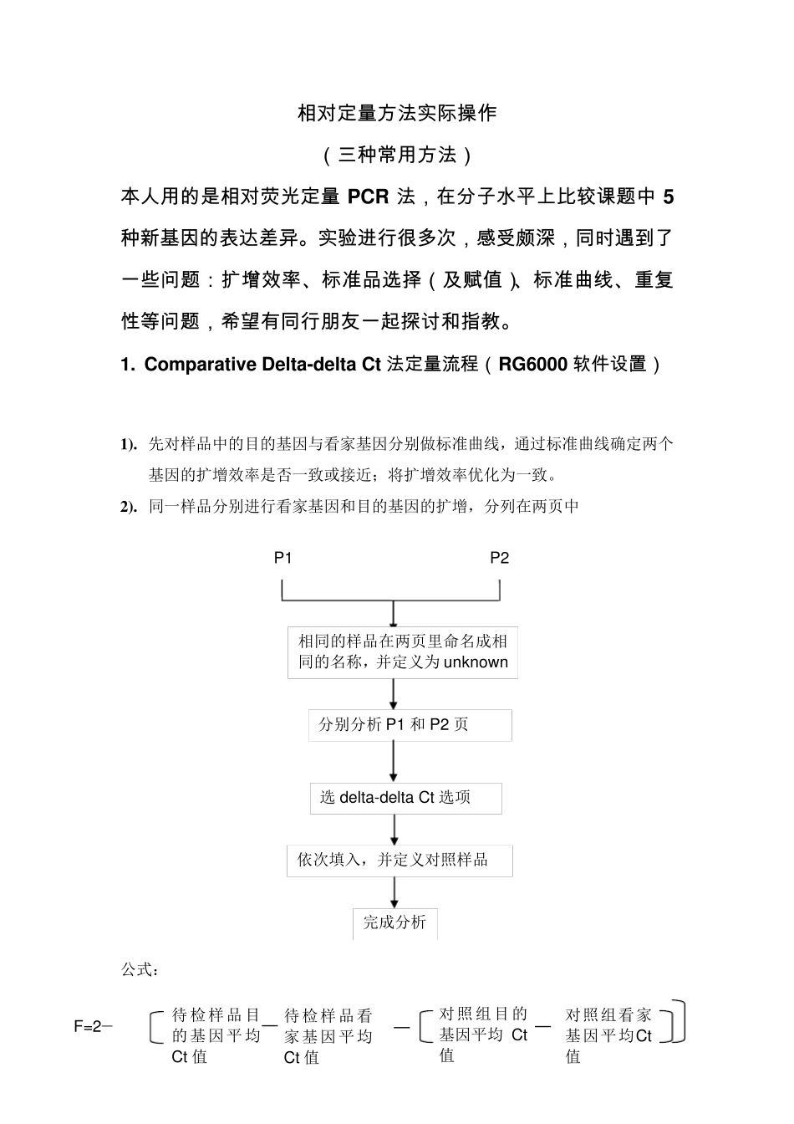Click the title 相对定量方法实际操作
pos(397,113)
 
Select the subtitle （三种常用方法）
pos(397,155)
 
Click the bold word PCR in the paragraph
pos(368,197)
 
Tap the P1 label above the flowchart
pos(283,558)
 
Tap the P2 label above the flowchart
pos(499,558)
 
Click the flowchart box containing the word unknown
pos(403,652)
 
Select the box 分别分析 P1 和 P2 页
pos(410,724)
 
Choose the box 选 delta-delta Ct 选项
pos(405,798)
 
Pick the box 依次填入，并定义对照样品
pos(400,860)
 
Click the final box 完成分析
pos(394,922)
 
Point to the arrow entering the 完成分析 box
pos(394,893)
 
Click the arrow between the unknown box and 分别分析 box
pos(394,694)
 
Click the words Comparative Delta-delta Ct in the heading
pos(262,364)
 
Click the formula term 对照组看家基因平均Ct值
pos(608,1035)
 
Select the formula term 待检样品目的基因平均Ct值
pos(216,1035)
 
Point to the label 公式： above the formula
pos(140,969)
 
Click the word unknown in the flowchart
pos(476,662)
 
